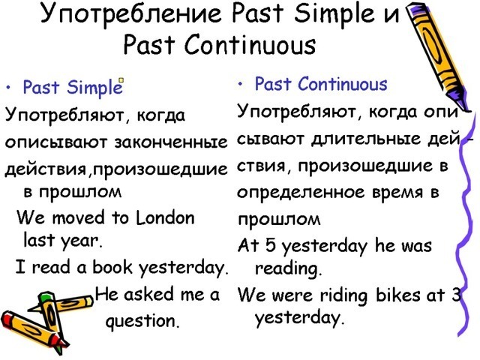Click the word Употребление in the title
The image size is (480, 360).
tap(130, 14)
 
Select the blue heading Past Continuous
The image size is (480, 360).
tap(321, 84)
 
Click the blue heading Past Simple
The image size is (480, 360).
tap(73, 87)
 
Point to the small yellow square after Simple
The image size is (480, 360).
tap(121, 80)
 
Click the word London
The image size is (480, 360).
tap(165, 218)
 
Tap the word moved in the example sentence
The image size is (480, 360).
tap(78, 218)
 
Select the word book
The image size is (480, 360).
tap(112, 266)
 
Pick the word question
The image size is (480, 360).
tap(142, 321)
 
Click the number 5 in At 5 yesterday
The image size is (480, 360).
tap(271, 246)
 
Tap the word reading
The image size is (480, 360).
tap(288, 269)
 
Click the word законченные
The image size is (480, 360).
tap(171, 142)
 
